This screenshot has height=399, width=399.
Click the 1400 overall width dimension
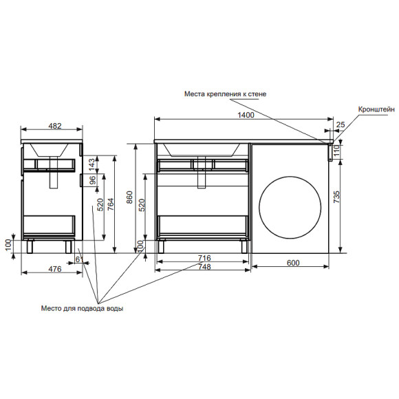(x=246, y=115)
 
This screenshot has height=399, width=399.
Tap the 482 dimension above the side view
(x=55, y=126)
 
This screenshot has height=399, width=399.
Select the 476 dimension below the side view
(x=55, y=269)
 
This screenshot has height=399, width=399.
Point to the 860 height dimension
(x=129, y=197)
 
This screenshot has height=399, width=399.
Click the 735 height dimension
(x=336, y=197)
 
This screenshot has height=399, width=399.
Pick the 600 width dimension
(x=293, y=263)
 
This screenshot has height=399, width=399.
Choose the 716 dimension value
(x=204, y=258)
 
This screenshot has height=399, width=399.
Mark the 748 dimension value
(x=204, y=266)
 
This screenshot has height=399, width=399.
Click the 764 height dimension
(x=111, y=204)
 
